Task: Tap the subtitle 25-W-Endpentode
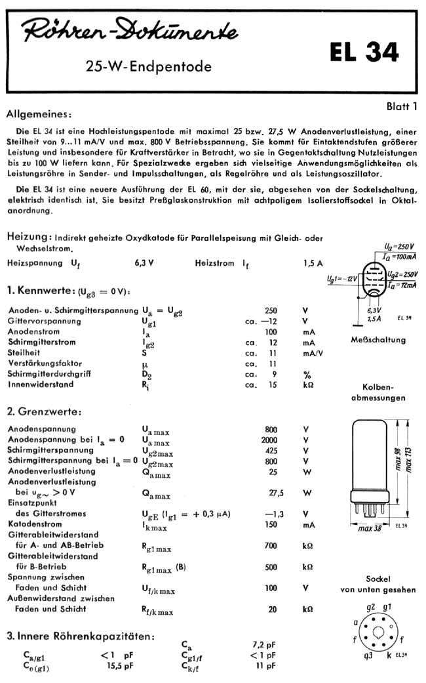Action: click(x=149, y=66)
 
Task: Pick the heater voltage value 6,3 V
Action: click(x=144, y=262)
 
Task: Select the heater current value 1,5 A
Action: click(x=313, y=262)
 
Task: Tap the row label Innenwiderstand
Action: click(x=41, y=384)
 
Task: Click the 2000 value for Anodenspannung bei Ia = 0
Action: click(x=269, y=440)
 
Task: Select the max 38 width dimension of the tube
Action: click(x=370, y=528)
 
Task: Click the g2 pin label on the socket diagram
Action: click(x=371, y=608)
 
